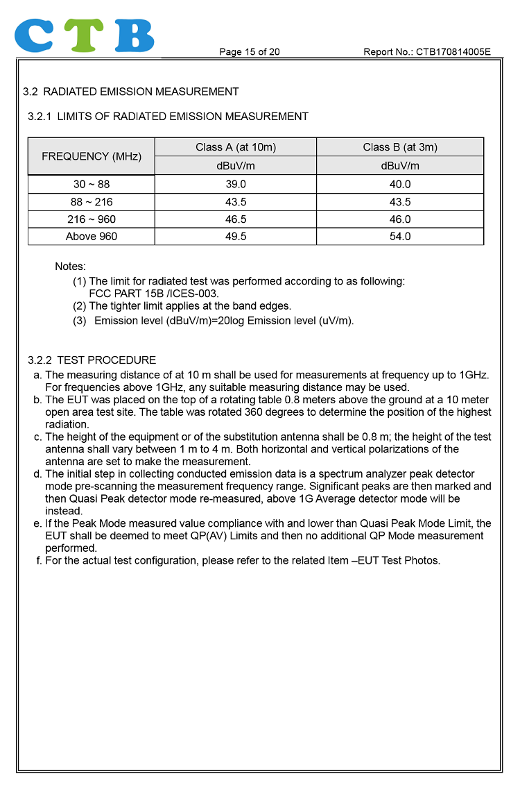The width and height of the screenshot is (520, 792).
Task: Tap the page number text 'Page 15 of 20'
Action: (x=250, y=52)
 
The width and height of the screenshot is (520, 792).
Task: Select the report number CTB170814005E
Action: (x=453, y=52)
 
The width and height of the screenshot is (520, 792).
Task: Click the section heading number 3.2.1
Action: (x=40, y=117)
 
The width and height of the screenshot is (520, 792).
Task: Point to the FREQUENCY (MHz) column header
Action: (x=92, y=157)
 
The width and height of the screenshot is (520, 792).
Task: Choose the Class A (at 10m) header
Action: (x=236, y=147)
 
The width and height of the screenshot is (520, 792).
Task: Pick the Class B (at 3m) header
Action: (x=400, y=147)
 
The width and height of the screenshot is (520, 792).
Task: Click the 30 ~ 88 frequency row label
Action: (x=92, y=185)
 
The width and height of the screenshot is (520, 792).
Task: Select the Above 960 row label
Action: (x=92, y=237)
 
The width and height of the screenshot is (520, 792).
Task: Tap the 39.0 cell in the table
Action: (x=236, y=185)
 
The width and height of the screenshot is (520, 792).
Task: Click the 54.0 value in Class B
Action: (x=400, y=237)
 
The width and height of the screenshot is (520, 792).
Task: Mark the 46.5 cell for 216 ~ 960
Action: (x=236, y=219)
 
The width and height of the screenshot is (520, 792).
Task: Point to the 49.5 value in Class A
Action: (x=236, y=237)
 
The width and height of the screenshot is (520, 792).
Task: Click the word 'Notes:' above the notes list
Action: (x=70, y=267)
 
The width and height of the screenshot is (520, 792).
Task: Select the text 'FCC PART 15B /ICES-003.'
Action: (x=154, y=294)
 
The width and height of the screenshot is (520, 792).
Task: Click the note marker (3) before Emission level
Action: (x=80, y=321)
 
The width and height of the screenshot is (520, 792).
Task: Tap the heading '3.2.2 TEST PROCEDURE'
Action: (x=92, y=360)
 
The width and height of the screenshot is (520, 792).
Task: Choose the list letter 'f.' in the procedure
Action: (x=39, y=560)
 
